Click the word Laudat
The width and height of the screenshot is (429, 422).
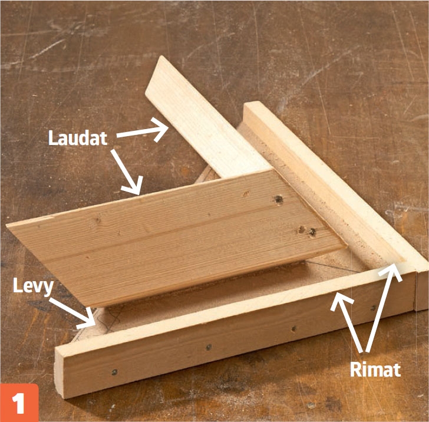78,138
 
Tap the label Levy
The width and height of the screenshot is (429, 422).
34,286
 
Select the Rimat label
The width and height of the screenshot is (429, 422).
375,370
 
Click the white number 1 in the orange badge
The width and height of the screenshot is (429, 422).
19,404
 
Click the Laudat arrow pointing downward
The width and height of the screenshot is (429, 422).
127,172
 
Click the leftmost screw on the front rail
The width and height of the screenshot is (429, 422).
114,372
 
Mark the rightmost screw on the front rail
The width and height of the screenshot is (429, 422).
373,308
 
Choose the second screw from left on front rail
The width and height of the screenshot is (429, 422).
209,348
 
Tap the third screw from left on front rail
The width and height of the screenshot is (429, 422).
294,328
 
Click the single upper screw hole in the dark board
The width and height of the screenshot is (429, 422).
279,199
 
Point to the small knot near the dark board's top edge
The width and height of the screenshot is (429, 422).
246,194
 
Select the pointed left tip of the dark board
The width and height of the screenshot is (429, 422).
7,225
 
